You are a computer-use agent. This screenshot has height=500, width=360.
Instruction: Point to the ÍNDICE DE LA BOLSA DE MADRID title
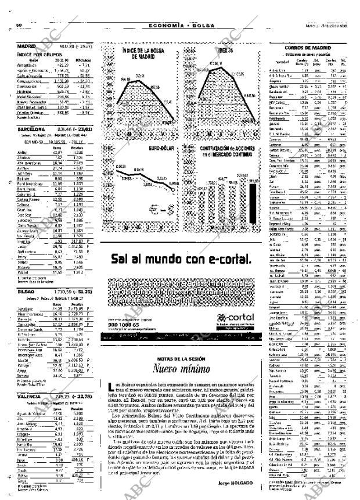click(142, 53)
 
